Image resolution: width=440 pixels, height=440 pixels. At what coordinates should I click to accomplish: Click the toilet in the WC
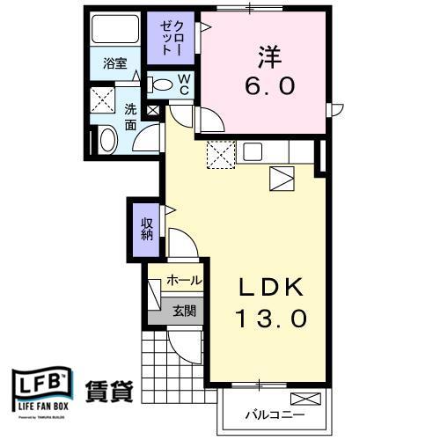(161, 85)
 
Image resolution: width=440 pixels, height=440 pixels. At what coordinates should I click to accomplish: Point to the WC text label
(185, 84)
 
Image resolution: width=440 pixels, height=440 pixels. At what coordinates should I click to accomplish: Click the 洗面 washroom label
(130, 118)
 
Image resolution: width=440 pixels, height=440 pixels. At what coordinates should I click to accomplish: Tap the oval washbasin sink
(106, 139)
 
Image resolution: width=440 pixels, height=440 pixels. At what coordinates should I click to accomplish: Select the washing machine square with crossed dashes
(105, 99)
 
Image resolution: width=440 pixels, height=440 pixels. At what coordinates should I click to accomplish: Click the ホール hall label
(184, 281)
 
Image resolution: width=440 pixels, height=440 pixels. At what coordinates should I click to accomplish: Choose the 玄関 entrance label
(184, 310)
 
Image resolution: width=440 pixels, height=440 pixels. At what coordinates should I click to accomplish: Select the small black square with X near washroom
(153, 111)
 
